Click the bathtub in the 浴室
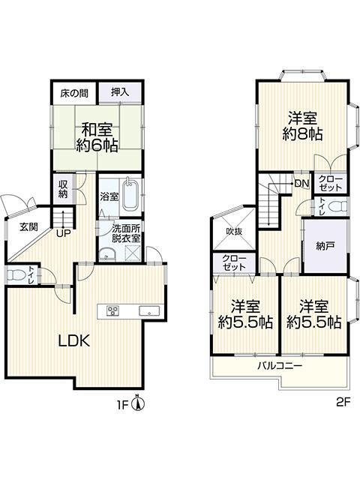point(130,195)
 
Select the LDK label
point(74,340)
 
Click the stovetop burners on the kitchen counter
point(112,311)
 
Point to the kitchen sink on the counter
point(149,310)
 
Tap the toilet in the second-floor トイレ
point(338,206)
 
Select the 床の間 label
point(74,93)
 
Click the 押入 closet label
point(120,91)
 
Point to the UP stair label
point(63,233)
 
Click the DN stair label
point(301,183)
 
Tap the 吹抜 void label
point(235,232)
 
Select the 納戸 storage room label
point(325,246)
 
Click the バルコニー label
point(280,365)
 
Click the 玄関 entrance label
point(29,226)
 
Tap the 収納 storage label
point(63,189)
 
